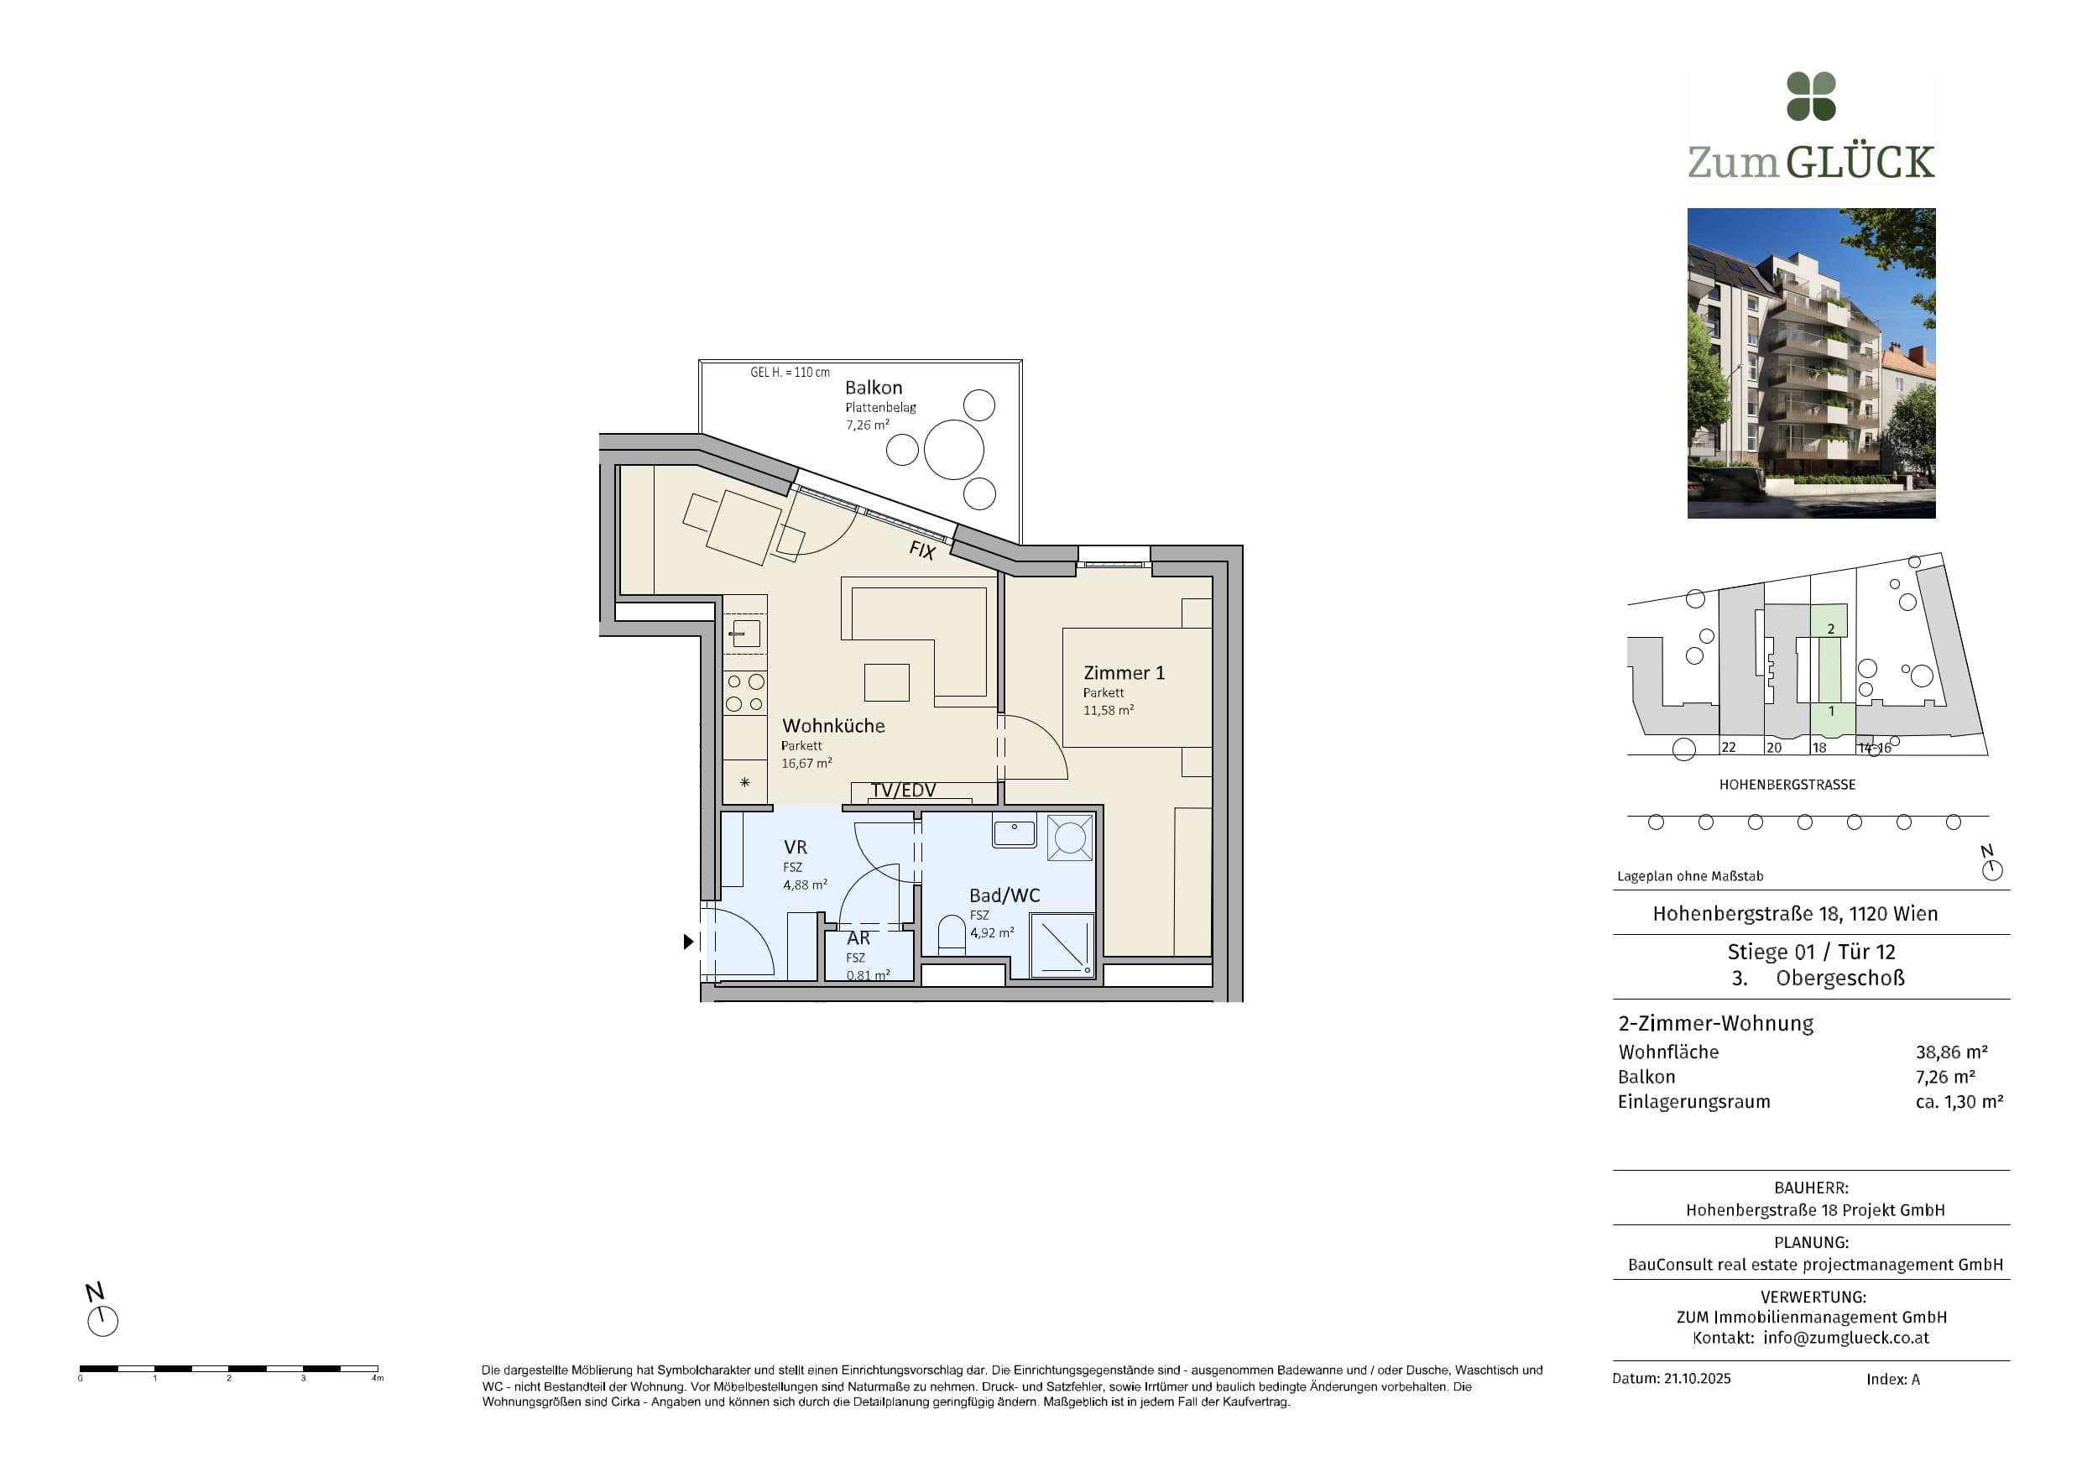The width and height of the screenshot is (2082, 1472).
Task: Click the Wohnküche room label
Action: [833, 726]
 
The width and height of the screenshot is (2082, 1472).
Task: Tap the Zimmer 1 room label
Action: [1124, 673]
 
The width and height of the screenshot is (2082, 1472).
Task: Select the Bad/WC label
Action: [1004, 895]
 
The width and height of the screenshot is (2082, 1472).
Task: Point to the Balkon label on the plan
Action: [874, 387]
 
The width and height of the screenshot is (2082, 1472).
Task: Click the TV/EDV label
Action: [903, 790]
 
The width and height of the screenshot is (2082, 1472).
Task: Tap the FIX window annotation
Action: [922, 550]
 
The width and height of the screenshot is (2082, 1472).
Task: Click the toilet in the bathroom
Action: [952, 933]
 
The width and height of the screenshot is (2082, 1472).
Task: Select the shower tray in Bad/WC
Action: [1062, 944]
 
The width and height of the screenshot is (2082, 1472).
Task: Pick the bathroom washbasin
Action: [1014, 832]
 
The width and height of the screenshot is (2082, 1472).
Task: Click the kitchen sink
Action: [745, 633]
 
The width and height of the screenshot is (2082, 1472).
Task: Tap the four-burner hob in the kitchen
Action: [745, 692]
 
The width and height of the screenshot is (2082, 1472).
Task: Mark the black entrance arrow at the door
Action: [688, 942]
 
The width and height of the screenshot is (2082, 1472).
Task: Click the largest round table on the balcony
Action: [954, 449]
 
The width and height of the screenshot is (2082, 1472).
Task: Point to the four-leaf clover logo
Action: [1811, 97]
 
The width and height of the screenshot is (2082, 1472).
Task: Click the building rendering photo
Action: [1811, 363]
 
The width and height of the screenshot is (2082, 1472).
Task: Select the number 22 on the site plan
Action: [1729, 748]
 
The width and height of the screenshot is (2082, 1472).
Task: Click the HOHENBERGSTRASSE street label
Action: [1787, 785]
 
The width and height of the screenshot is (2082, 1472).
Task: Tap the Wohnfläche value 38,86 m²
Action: [1951, 1052]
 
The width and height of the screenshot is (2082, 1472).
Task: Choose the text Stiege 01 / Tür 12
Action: [1811, 952]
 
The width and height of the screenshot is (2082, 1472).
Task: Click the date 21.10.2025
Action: [1697, 1379]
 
